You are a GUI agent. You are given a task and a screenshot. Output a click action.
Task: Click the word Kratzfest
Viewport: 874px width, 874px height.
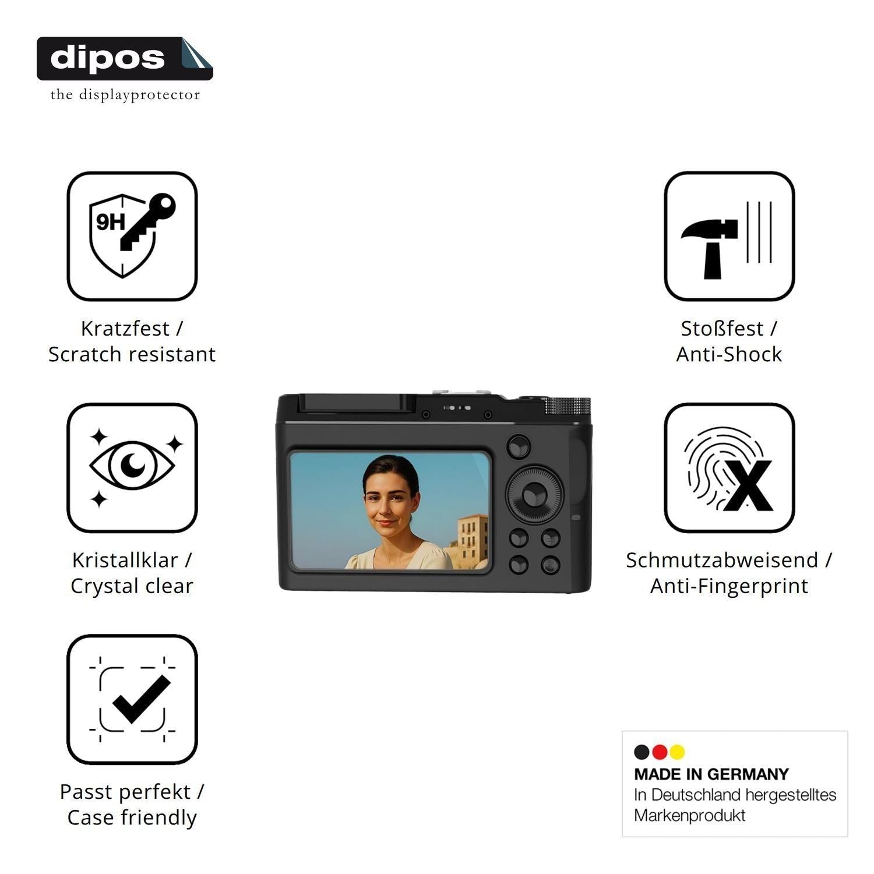[125, 329]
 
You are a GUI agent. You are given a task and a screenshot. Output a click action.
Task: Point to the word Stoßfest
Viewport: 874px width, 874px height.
[722, 329]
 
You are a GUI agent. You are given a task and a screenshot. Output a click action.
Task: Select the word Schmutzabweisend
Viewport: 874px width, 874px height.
[723, 560]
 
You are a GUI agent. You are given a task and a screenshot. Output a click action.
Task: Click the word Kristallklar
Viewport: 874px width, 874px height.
[125, 560]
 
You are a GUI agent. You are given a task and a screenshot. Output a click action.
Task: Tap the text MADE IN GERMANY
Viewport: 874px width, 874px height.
[711, 774]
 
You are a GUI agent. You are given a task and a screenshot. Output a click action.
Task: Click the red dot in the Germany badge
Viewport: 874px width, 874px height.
[660, 752]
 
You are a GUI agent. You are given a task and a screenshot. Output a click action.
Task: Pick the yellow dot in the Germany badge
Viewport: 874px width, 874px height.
[677, 752]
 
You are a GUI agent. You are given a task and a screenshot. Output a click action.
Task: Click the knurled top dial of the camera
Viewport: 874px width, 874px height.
[568, 407]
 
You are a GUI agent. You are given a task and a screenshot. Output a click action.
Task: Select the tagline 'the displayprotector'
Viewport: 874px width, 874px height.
[125, 95]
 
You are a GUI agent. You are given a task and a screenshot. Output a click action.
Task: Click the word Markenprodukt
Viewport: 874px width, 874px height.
[689, 815]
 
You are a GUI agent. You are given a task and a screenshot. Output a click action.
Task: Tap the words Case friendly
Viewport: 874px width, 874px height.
[132, 817]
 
